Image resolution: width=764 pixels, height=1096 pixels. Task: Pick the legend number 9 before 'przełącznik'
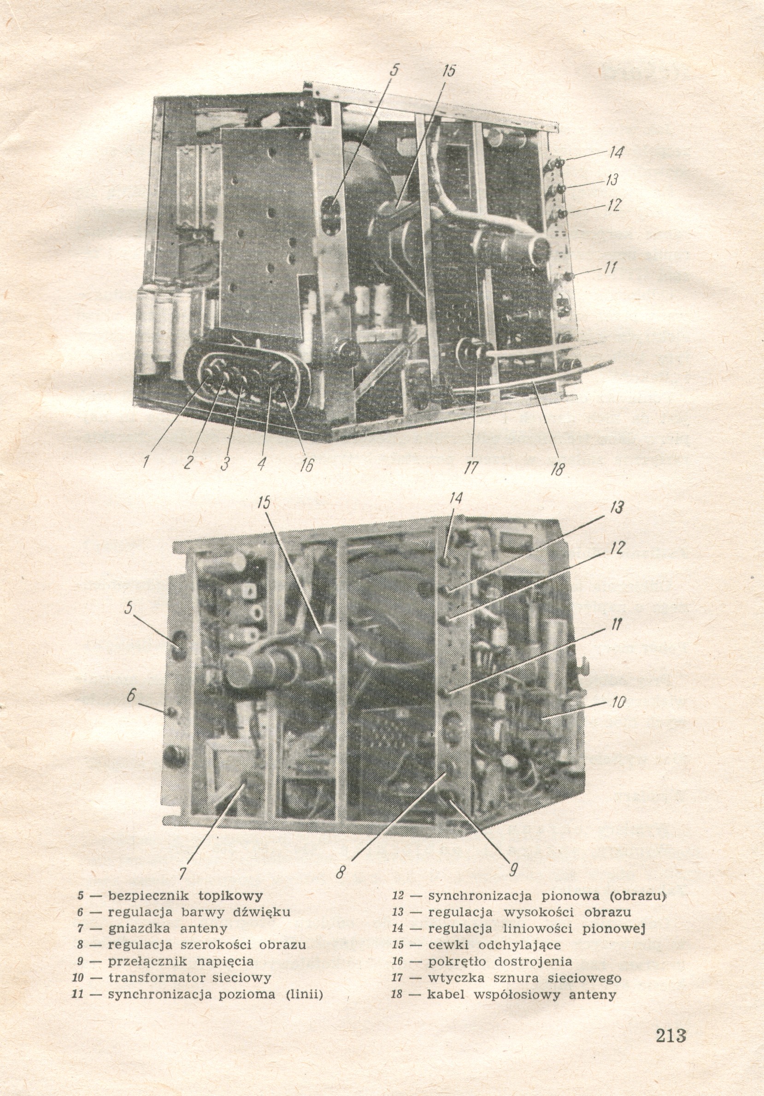click(x=81, y=962)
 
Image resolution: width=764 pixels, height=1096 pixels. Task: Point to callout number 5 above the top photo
click(x=394, y=70)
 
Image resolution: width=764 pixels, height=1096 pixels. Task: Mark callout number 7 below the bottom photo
click(x=183, y=873)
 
